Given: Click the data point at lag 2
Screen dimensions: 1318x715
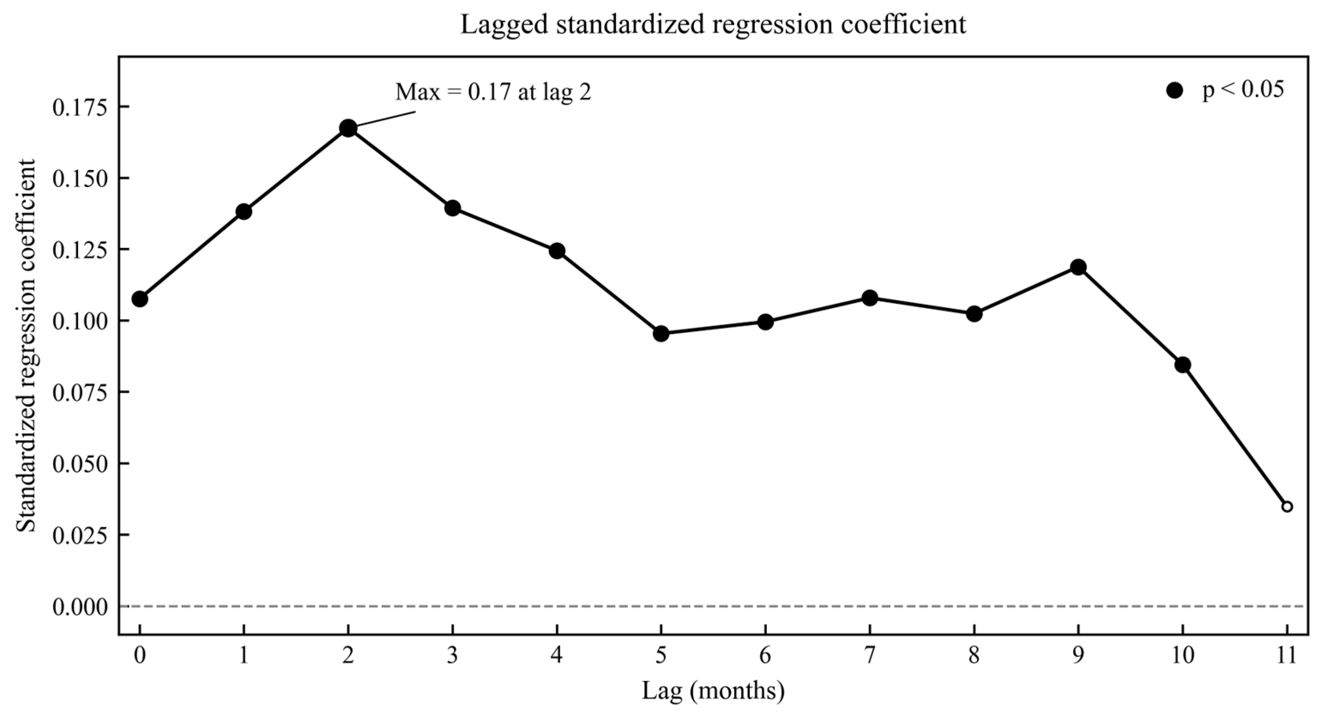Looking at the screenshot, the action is pos(348,128).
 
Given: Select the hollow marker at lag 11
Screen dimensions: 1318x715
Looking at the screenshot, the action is pos(1287,507).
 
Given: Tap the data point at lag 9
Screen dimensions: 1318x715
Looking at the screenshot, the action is pos(1078,267).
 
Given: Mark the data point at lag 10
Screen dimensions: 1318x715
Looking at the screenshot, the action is pos(1182,365).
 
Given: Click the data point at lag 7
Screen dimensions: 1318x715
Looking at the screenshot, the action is pos(870,298).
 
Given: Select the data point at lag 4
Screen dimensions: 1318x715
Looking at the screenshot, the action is pos(557,251).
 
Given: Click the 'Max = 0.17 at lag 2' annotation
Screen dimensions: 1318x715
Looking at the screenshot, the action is pos(493,92).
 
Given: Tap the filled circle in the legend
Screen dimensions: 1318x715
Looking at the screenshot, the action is pos(1175,91).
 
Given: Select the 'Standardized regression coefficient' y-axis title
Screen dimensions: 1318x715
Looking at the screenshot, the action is pos(27,345).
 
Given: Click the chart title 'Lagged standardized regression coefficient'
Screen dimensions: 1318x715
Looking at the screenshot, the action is pos(713,24).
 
